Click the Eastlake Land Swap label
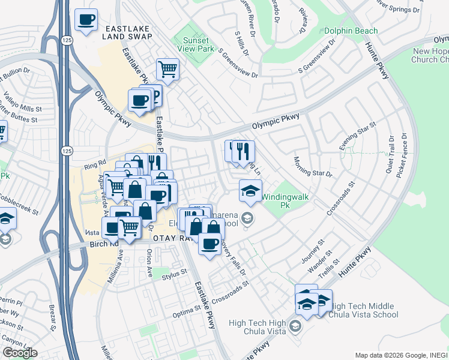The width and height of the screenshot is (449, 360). tap(127, 32)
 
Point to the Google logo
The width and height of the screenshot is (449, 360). tap(20, 353)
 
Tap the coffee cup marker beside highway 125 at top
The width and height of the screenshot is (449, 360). tap(86, 20)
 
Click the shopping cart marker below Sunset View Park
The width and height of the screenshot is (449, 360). tap(167, 68)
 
